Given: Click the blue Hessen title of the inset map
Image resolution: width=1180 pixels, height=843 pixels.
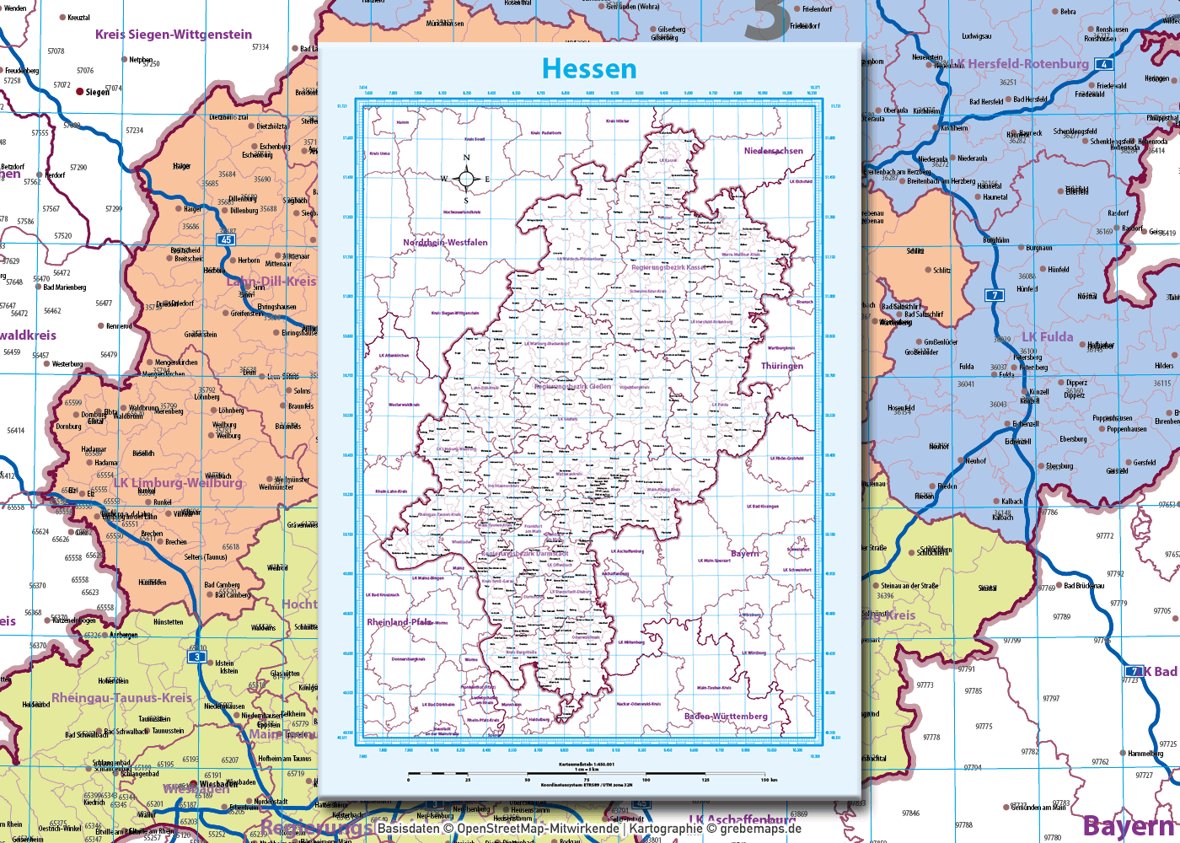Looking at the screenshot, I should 589,68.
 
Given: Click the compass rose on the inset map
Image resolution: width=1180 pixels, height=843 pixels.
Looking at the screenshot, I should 465,178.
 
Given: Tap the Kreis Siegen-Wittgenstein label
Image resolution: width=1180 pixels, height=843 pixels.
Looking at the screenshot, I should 173,35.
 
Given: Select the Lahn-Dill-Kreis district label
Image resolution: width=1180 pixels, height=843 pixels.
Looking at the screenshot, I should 271,282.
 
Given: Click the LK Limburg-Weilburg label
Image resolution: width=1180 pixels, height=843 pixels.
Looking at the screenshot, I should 178,483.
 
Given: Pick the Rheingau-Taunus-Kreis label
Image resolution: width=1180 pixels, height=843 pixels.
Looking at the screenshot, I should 122,698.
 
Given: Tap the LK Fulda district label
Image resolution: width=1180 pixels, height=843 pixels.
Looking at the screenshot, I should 1048,337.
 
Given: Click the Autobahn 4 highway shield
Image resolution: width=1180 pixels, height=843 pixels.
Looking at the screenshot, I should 1103,64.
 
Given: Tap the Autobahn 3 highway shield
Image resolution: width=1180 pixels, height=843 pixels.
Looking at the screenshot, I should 197,657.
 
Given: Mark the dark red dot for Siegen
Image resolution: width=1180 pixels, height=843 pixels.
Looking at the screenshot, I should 80,91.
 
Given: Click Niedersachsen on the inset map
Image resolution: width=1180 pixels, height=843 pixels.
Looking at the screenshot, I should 773,151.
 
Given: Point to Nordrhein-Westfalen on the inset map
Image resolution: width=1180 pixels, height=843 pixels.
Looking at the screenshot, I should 445,243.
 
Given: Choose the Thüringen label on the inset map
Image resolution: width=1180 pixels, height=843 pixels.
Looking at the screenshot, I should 781,366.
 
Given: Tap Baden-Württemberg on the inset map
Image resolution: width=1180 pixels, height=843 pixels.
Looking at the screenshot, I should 726,717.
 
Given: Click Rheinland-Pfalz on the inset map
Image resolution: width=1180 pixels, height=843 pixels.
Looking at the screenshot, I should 399,622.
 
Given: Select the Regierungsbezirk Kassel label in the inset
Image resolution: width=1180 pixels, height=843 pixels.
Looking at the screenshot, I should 669,267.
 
